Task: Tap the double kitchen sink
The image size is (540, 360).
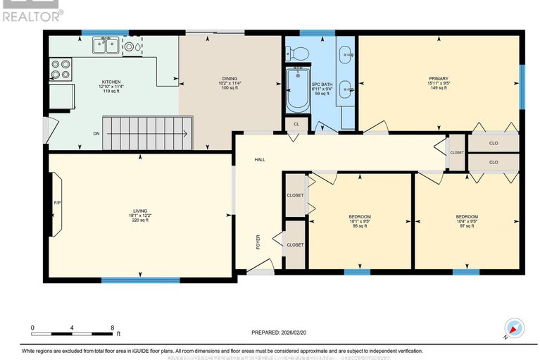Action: point(108,46)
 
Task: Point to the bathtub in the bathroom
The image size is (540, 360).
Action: point(298,89)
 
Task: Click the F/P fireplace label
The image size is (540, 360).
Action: point(58,204)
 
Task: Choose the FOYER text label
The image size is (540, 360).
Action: point(258,243)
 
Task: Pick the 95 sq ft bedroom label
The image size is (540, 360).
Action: point(359,221)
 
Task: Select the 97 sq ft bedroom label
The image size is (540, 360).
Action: point(466,221)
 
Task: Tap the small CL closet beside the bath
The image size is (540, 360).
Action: point(295,125)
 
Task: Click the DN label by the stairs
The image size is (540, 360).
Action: point(96,133)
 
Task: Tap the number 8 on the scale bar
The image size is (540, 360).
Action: point(112,328)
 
